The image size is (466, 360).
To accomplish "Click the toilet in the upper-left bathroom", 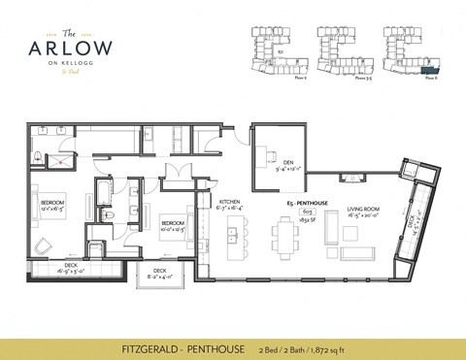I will (36, 155).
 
